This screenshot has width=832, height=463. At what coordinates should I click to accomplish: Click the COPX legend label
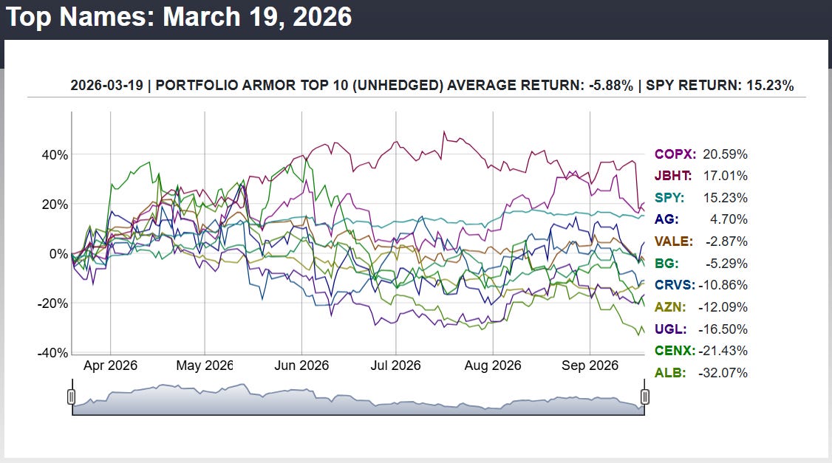pyautogui.click(x=675, y=154)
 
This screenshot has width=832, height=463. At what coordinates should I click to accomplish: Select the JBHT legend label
pyautogui.click(x=673, y=176)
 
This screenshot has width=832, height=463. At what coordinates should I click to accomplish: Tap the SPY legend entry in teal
pyautogui.click(x=669, y=198)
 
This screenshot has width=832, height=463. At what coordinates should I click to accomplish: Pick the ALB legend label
pyautogui.click(x=670, y=373)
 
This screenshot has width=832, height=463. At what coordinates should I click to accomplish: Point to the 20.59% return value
pyautogui.click(x=726, y=154)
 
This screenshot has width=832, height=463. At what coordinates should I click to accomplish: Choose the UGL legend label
pyautogui.click(x=671, y=329)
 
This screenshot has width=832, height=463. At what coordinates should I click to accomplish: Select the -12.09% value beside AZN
pyautogui.click(x=723, y=307)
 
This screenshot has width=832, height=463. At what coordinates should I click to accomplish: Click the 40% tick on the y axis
pyautogui.click(x=55, y=155)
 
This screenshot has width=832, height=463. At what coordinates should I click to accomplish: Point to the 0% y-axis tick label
pyautogui.click(x=58, y=254)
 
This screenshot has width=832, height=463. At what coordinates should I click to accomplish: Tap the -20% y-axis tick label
pyautogui.click(x=52, y=303)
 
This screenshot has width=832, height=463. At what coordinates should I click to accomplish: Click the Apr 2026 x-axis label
pyautogui.click(x=110, y=366)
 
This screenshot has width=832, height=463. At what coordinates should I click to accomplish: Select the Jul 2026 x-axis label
pyautogui.click(x=395, y=366)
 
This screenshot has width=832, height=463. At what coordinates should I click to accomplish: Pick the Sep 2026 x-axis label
pyautogui.click(x=590, y=366)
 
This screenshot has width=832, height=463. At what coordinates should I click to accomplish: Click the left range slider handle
pyautogui.click(x=72, y=397)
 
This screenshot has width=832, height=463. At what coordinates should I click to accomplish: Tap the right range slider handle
pyautogui.click(x=645, y=397)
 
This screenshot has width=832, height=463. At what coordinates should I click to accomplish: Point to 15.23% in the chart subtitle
pyautogui.click(x=770, y=86)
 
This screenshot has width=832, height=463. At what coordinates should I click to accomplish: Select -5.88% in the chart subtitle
pyautogui.click(x=611, y=86)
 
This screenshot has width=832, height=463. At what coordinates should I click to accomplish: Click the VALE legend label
pyautogui.click(x=674, y=242)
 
